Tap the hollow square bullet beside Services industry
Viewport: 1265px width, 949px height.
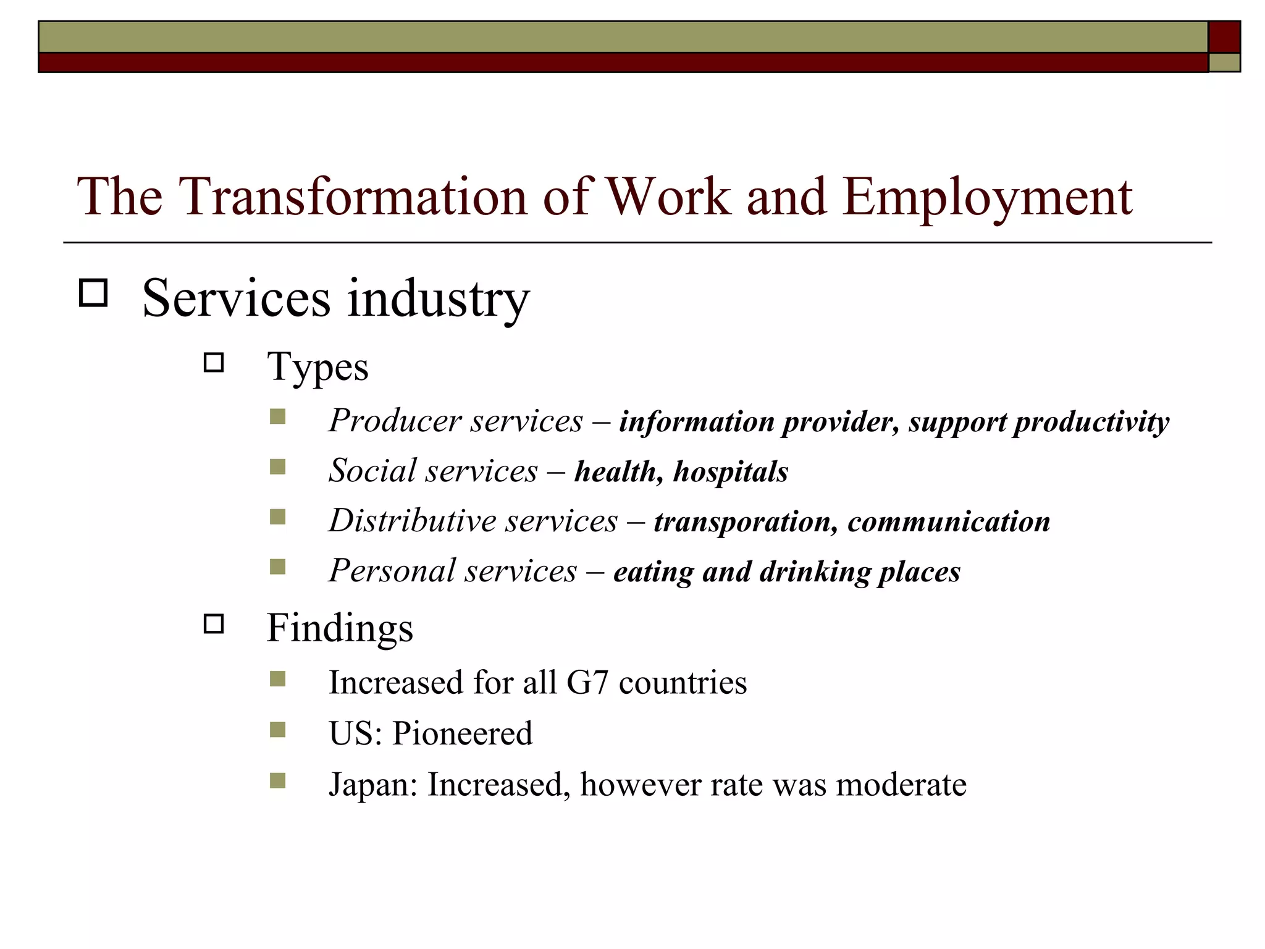point(93,293)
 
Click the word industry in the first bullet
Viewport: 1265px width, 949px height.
point(438,299)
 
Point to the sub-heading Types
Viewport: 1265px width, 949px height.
point(317,367)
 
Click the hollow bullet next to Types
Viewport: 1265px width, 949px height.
point(214,362)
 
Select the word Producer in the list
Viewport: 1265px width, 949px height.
point(393,421)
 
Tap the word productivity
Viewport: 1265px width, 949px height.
point(1091,423)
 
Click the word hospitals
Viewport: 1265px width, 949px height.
point(731,472)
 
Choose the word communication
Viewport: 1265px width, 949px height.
point(949,521)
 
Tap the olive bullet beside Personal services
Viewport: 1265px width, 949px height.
point(278,567)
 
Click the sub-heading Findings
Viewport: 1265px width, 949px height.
point(340,628)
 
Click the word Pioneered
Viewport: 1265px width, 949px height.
point(462,733)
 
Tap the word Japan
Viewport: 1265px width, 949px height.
point(373,785)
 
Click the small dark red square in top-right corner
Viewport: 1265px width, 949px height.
point(1224,37)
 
